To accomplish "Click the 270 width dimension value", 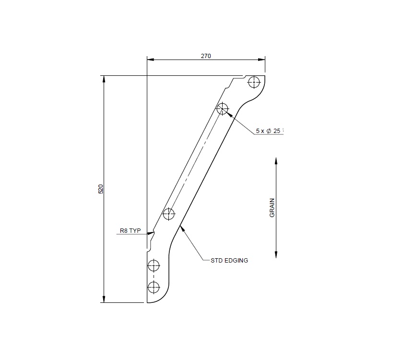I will (x=205, y=56).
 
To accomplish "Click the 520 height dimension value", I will (x=101, y=189).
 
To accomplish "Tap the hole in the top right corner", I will (x=254, y=82).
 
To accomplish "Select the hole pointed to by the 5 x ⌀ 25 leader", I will (x=222, y=108).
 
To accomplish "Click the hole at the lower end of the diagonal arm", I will (x=169, y=214).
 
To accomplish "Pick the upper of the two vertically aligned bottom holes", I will (x=154, y=265).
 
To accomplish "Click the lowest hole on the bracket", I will (x=154, y=288).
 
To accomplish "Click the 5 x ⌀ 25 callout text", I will (x=269, y=131).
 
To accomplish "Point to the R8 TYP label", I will (x=130, y=231).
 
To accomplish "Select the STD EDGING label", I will (x=229, y=261).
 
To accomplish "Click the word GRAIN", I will (x=272, y=208).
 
